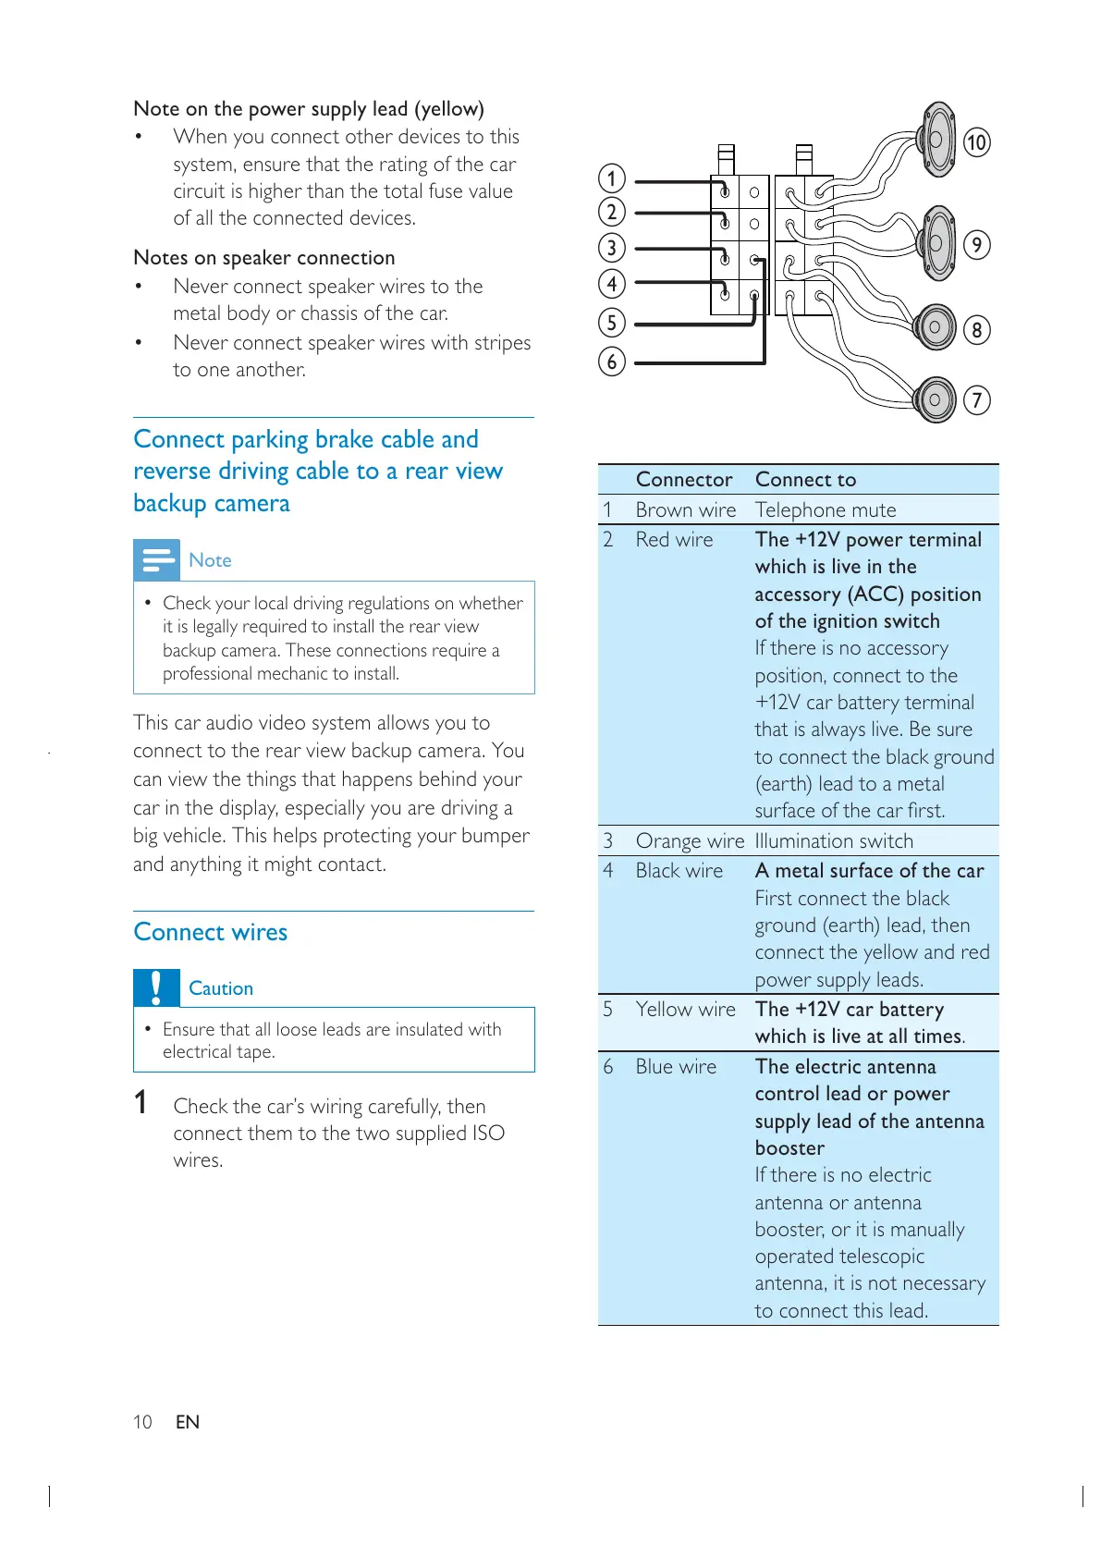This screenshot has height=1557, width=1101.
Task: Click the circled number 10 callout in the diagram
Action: [x=976, y=142]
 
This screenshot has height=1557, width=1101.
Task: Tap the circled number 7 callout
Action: [x=976, y=399]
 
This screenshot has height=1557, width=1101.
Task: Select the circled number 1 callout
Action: [x=612, y=178]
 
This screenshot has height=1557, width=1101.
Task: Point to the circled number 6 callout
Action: [x=612, y=362]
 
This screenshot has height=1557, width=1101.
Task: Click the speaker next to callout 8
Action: [x=935, y=326]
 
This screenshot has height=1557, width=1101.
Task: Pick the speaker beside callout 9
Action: [x=937, y=243]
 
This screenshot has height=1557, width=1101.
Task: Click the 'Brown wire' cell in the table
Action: [x=685, y=509]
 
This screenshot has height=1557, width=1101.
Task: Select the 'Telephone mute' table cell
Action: [x=825, y=509]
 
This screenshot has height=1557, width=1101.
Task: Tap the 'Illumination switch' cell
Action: [x=834, y=840]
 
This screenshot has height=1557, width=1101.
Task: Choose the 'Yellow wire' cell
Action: [x=685, y=1009]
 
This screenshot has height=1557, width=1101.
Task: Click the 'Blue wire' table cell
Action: [x=676, y=1066]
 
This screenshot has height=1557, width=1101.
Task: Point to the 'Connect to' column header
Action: [x=805, y=479]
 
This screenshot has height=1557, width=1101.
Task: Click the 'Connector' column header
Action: [x=684, y=479]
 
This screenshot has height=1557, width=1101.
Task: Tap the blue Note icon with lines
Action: [x=156, y=559]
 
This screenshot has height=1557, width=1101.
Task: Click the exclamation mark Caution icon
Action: [x=156, y=987]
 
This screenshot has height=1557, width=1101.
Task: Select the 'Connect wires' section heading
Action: [x=210, y=931]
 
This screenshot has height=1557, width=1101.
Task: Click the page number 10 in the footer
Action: [x=142, y=1421]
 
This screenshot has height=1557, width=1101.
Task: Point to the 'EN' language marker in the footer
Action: [x=188, y=1421]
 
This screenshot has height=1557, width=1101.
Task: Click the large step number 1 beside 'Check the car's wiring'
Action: [x=141, y=1102]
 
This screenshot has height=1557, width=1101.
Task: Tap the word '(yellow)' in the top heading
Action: [x=449, y=109]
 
